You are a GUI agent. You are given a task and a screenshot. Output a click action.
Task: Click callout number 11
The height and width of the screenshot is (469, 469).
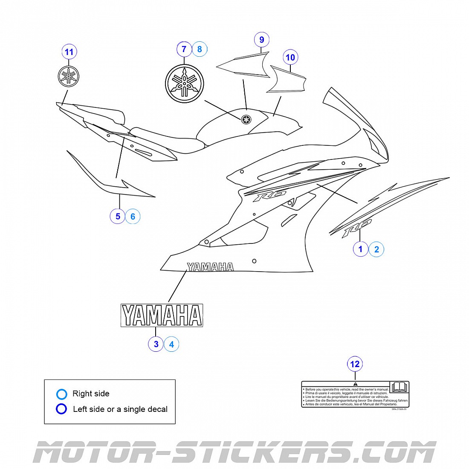(69, 52)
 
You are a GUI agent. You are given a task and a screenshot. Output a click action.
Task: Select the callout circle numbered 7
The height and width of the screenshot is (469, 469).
(184, 49)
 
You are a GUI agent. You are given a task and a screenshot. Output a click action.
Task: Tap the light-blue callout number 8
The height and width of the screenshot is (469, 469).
(200, 49)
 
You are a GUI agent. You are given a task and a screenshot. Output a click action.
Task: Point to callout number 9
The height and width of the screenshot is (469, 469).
(262, 40)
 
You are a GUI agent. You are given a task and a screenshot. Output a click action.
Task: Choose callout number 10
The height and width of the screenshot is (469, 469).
(290, 57)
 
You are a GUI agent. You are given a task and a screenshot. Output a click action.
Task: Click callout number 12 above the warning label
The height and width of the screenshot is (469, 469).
(355, 364)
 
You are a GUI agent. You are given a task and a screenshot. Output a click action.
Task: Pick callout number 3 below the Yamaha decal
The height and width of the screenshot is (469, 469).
(156, 344)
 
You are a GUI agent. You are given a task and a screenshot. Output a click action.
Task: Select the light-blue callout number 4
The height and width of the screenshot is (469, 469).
(171, 344)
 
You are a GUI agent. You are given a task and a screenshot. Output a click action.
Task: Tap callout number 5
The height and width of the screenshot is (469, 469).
(118, 216)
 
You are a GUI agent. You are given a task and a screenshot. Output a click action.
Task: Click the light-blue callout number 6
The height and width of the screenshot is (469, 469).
(133, 217)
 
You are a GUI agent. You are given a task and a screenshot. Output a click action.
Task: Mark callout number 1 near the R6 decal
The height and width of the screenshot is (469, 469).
(361, 249)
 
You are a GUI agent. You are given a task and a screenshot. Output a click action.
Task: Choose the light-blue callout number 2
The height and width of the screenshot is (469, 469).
(376, 249)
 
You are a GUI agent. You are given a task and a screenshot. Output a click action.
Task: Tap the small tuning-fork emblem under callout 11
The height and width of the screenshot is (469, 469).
(69, 76)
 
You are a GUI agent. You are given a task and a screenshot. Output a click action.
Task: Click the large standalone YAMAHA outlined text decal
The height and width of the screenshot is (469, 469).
(162, 316)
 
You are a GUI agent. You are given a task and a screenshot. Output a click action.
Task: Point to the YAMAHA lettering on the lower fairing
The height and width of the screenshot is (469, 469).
(210, 267)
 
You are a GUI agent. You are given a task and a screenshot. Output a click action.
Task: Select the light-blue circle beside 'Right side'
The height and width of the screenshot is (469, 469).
(62, 394)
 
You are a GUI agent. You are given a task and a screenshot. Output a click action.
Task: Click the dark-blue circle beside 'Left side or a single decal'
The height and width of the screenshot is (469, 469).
(61, 409)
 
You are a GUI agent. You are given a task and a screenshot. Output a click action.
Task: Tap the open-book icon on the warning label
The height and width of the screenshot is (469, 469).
(399, 387)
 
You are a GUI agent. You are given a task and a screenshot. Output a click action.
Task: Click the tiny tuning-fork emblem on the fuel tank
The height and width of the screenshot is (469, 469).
(246, 119)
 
